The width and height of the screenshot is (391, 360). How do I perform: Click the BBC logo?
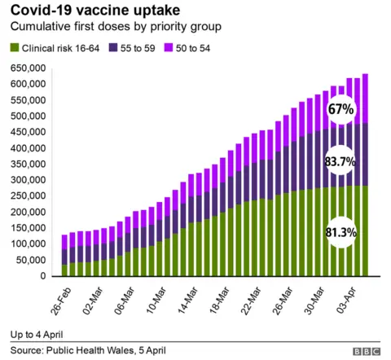click(367, 351)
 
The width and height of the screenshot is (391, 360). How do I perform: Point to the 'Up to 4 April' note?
click(37, 335)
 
